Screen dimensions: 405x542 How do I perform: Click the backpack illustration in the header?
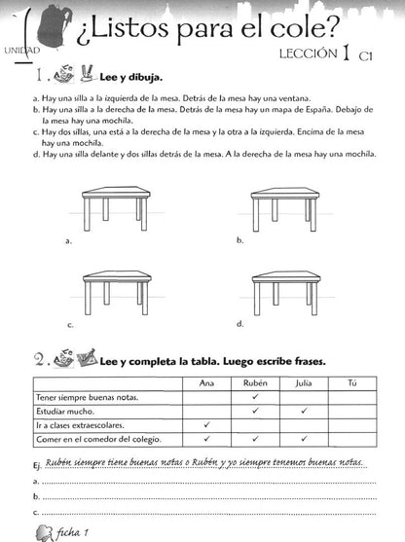click(x=55, y=27)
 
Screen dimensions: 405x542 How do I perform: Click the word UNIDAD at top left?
click(x=22, y=51)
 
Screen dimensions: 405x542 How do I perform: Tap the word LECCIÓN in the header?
click(x=309, y=54)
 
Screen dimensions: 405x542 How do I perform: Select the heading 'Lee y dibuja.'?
click(x=131, y=77)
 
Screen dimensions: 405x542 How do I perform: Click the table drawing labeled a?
click(x=116, y=209)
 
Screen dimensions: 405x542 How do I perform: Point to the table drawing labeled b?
click(x=284, y=209)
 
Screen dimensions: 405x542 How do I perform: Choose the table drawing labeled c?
click(x=117, y=293)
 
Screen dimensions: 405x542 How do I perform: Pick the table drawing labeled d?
click(x=286, y=293)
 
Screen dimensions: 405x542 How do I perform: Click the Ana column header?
click(x=206, y=383)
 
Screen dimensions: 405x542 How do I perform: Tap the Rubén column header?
click(x=255, y=383)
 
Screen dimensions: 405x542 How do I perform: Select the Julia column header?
click(x=304, y=383)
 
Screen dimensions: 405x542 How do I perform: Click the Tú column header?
click(x=352, y=383)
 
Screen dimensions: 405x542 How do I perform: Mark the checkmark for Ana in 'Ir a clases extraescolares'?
click(x=206, y=424)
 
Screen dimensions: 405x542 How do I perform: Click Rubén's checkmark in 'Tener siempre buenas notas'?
click(x=255, y=396)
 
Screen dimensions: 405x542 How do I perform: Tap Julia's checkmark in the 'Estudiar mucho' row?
click(x=304, y=411)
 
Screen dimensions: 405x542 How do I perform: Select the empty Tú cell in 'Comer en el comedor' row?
click(x=352, y=439)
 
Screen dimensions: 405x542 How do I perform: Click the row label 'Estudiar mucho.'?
click(x=65, y=412)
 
